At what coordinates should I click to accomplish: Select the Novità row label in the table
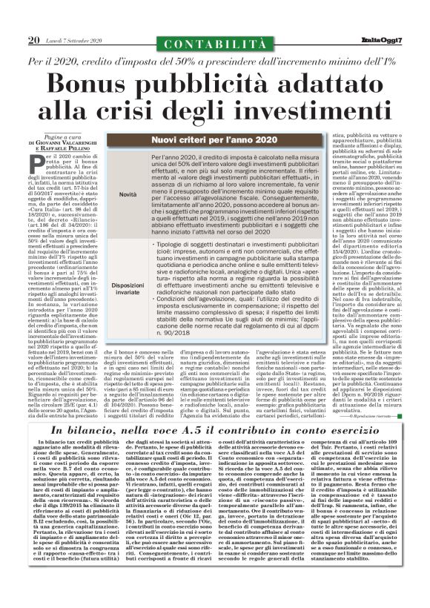click(x=128, y=194)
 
